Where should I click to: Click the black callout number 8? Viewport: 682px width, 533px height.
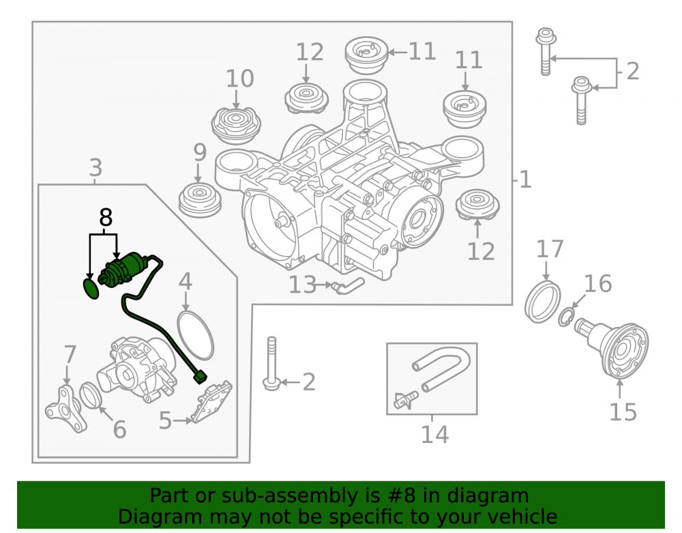pos(106,218)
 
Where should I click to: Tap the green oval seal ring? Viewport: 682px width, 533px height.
pos(91,289)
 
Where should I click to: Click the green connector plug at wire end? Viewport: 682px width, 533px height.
pos(201,376)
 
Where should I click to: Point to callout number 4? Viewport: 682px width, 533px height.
pos(186,282)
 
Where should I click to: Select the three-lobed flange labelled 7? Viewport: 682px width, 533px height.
pos(64,409)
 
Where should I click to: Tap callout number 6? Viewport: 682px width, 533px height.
pos(119,429)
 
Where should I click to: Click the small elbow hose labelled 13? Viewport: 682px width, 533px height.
pos(349,287)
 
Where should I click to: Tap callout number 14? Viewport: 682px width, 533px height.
pos(434,434)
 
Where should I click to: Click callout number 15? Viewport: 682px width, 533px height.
pos(623,412)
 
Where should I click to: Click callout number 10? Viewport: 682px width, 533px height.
pos(239,78)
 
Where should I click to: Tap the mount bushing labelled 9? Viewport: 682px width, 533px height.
pos(200,201)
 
